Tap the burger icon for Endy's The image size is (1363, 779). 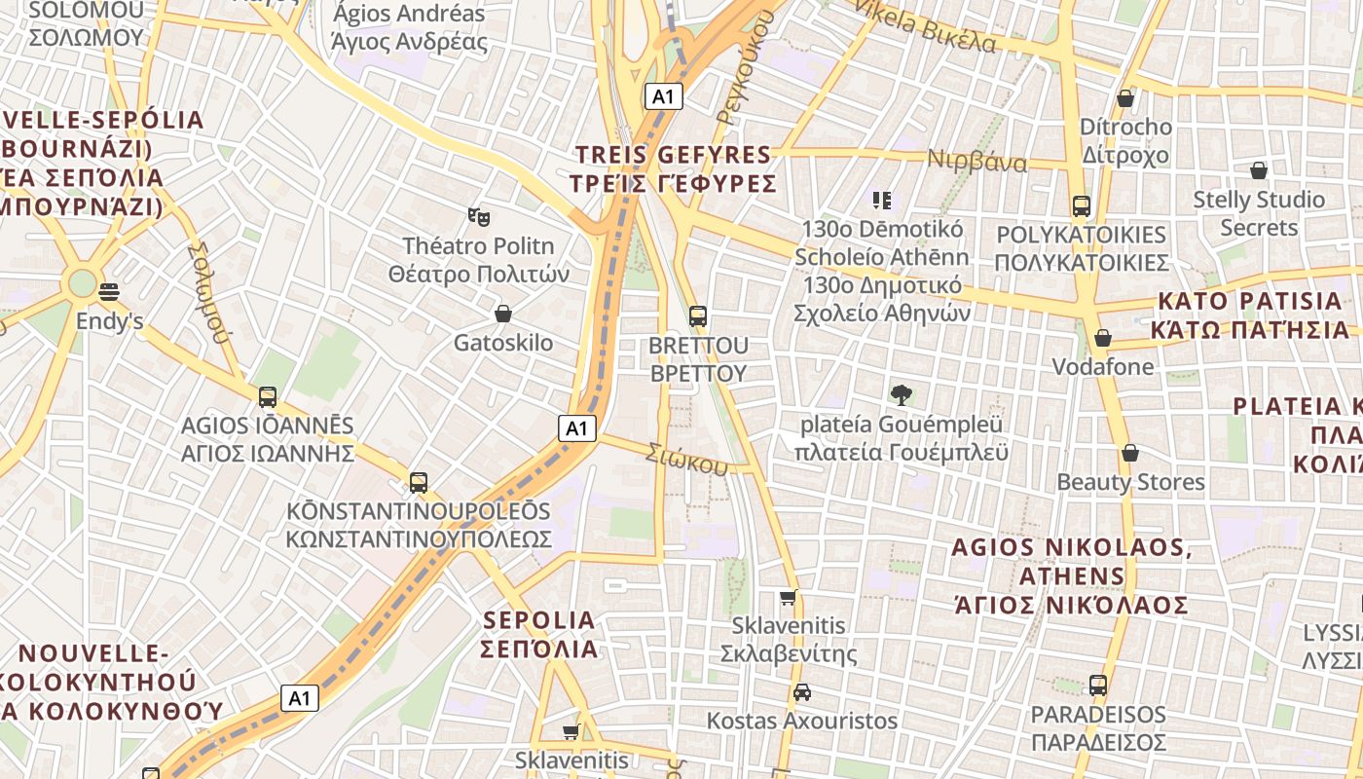[109, 291]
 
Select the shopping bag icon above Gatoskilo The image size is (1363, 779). [503, 314]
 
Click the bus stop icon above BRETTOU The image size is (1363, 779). [698, 316]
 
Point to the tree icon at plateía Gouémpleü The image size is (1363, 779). [901, 395]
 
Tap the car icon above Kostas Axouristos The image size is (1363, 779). [801, 692]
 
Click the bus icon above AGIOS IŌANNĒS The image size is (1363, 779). [268, 397]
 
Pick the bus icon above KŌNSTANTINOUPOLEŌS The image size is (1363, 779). [419, 482]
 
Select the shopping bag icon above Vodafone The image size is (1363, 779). [1103, 338]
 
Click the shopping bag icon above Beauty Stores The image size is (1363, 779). [1130, 453]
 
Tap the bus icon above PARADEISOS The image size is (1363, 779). [1098, 686]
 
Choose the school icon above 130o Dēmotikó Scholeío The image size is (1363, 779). [882, 201]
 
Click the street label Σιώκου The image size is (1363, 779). [688, 460]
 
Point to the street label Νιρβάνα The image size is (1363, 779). [976, 162]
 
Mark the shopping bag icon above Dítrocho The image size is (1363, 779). [1125, 98]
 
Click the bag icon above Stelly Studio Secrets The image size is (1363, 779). [1259, 170]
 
